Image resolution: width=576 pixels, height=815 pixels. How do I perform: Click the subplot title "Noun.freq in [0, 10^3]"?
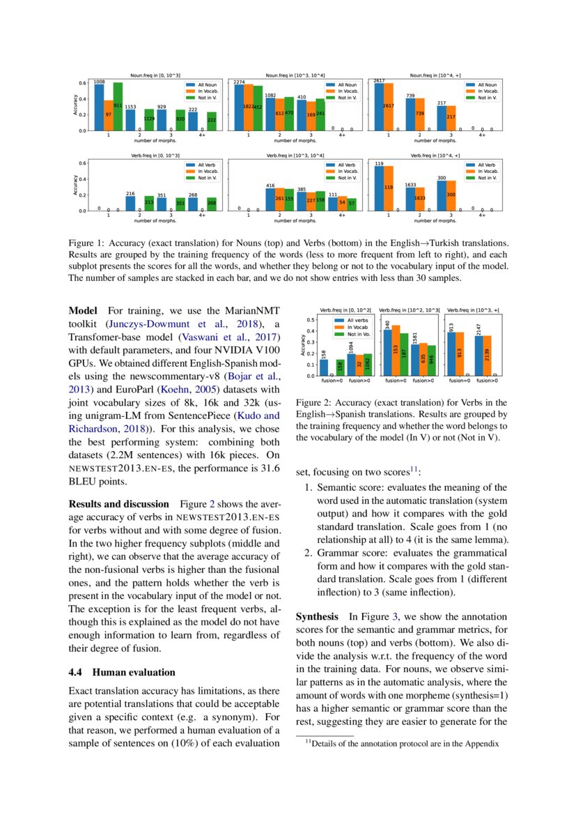[150, 75]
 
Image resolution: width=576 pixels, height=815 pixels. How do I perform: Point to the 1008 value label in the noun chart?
[99, 82]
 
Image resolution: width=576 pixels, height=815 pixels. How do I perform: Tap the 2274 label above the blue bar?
[239, 82]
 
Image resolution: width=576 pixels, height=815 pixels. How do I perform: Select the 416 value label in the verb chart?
[270, 185]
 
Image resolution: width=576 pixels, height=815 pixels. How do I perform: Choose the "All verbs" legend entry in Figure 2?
[358, 319]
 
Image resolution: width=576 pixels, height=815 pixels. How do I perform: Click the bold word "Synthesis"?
[318, 616]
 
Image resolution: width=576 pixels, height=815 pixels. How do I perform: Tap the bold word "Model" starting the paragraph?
[83, 310]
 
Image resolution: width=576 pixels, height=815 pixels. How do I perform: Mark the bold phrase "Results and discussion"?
[118, 503]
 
